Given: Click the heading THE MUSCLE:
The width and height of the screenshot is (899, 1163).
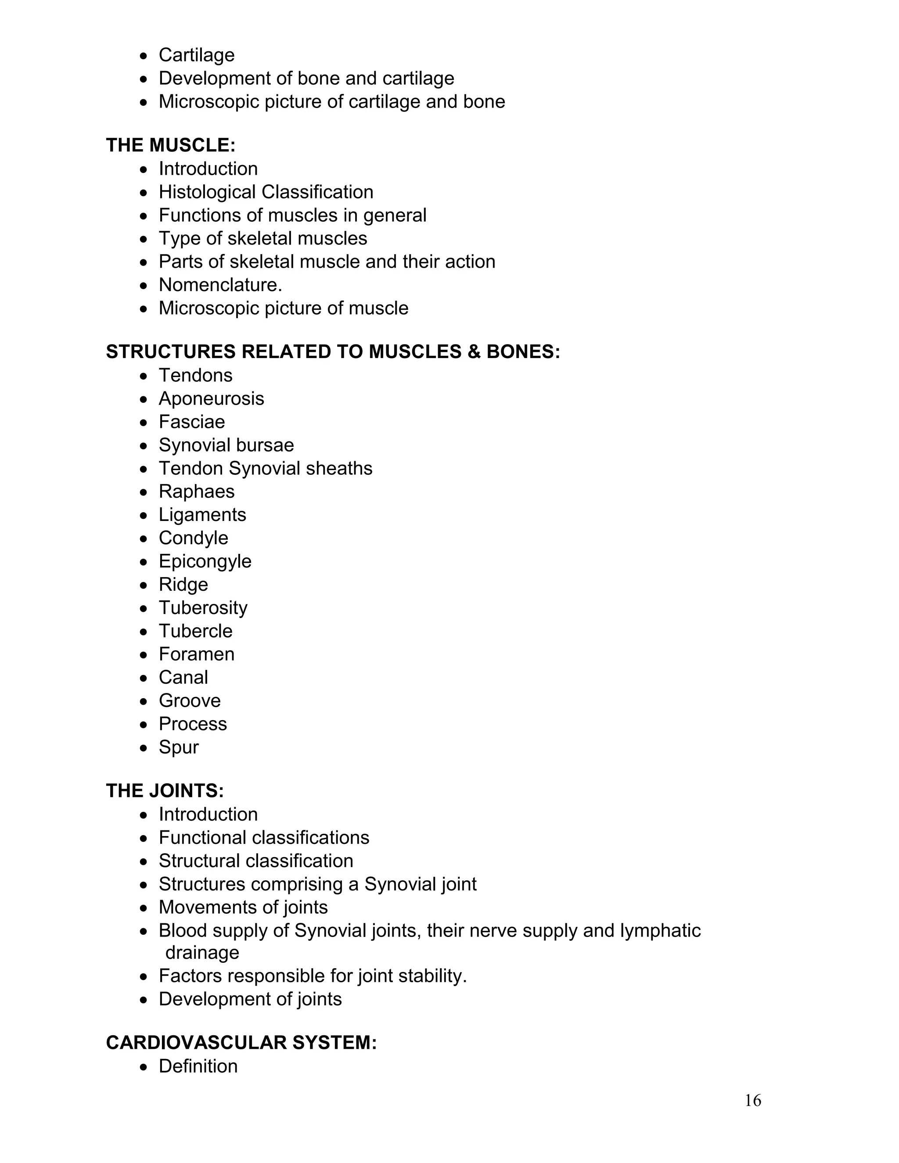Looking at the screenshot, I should coord(170,145).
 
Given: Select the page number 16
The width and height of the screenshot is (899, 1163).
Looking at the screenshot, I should coord(752,1101).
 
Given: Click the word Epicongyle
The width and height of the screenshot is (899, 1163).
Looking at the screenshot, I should coord(205,561).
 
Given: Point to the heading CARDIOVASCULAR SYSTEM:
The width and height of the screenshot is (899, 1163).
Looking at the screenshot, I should coord(241,1043).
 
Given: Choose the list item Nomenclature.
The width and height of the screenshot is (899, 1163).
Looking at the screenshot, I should coord(220,285).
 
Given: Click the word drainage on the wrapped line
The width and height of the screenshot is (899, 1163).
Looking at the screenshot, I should coord(202,953).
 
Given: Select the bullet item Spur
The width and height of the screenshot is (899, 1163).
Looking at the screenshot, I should coord(178,747).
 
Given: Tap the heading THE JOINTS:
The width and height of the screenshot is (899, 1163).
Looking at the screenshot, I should coord(165,791).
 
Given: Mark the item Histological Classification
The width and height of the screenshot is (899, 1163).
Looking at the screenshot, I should coord(266,192).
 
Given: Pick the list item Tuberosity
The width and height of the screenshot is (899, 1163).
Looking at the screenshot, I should coord(203,607).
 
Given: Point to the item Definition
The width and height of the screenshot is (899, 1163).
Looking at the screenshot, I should coord(198,1066).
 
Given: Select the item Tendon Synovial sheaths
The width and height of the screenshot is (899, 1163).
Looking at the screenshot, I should coord(265,469).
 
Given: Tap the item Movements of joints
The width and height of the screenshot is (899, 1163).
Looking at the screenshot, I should coord(243,908).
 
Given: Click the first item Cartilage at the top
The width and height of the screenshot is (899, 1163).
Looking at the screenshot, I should coord(197,55).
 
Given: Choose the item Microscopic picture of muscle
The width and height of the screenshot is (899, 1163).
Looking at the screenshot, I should coord(283,309).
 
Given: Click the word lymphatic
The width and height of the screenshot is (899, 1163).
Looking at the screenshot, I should coord(660,931).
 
